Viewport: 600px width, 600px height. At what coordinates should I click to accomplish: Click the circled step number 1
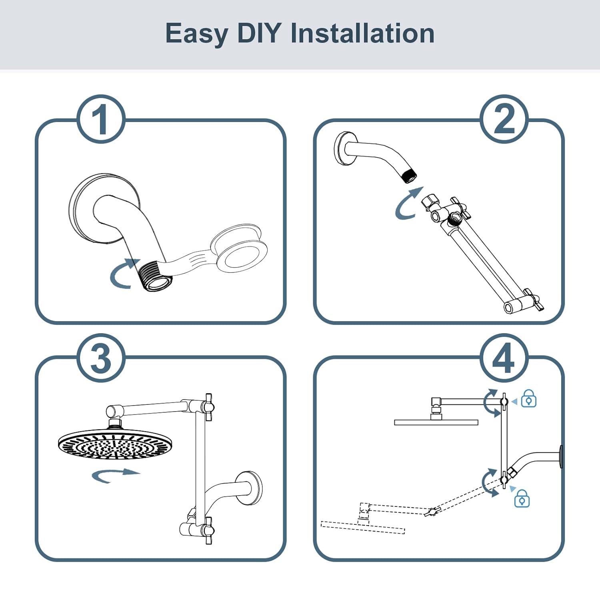point(100,119)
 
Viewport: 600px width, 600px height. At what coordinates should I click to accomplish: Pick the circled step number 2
point(504,119)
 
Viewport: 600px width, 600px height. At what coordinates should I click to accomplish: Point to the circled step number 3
point(100,358)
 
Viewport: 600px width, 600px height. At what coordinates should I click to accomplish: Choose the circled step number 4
point(504,358)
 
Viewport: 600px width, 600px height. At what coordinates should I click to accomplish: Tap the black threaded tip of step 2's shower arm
point(410,176)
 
